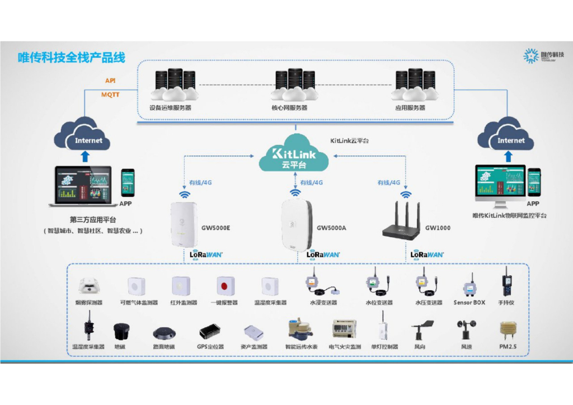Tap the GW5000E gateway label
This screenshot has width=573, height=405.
[216, 228]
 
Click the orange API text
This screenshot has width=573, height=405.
[110, 81]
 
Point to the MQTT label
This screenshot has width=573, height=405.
[110, 95]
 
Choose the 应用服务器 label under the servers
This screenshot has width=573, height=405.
[410, 108]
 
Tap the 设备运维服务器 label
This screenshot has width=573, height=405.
[170, 108]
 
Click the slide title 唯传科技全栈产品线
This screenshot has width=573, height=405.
[72, 58]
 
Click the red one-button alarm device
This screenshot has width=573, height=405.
[224, 286]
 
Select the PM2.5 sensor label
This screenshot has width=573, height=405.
[508, 347]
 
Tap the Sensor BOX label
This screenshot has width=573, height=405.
[469, 303]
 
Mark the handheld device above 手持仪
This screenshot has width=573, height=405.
[507, 282]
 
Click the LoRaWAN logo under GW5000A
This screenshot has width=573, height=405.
[323, 255]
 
